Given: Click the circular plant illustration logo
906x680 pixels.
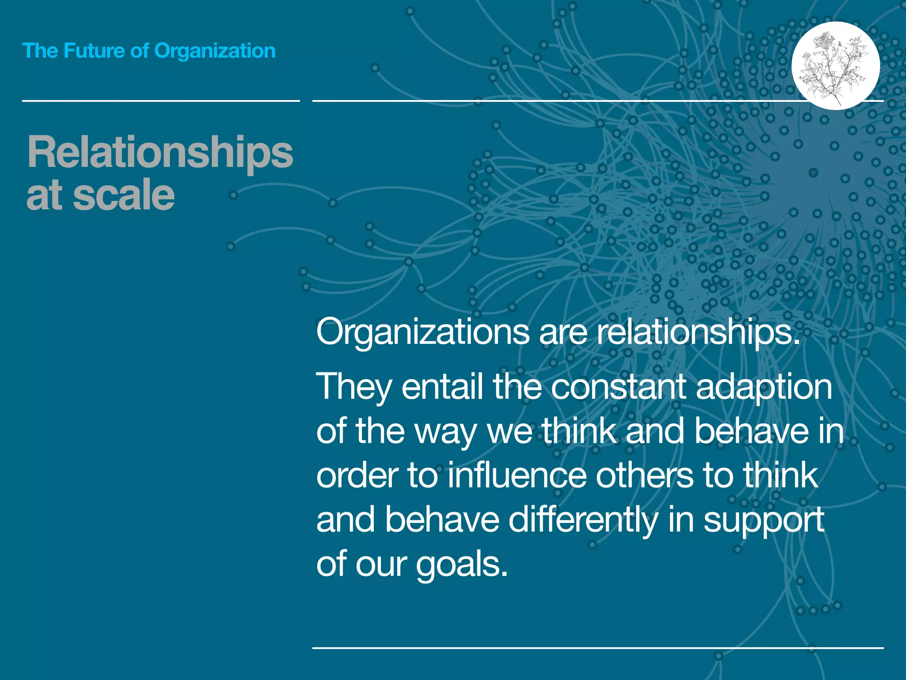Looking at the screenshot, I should coord(835,66).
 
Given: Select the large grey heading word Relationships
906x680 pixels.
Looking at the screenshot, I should coord(160,153).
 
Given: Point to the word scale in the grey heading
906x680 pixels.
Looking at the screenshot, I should coord(124,195).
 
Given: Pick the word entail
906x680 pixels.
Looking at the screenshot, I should coord(442,386).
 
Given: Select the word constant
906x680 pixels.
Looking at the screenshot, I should coord(618,386).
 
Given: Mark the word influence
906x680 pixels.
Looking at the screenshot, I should coord(517,475).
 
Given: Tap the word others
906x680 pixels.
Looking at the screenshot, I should coord(645,475).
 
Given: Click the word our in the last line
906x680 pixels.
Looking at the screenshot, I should coord(381,565).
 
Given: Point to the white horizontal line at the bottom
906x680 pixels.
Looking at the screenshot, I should coord(598,648).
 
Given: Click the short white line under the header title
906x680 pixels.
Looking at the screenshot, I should coord(161,101).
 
